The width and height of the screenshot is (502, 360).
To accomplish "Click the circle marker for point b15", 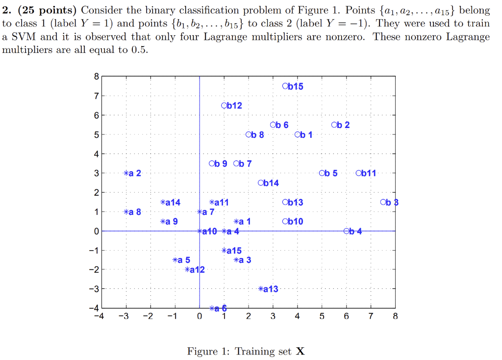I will coord(285,86).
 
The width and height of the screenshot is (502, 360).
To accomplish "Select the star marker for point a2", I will coord(126,173).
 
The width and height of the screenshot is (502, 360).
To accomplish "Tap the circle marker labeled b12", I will coord(224,105).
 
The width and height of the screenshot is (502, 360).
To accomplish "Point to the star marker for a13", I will coord(261,289).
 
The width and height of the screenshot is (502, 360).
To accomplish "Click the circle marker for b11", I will coord(359,173).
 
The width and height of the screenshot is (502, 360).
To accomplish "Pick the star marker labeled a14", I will coord(163,202).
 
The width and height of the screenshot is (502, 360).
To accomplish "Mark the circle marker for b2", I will coord(334,125).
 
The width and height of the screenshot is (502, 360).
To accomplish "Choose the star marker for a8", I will coord(126,212).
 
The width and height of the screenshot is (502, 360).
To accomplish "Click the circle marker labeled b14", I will coord(261,183).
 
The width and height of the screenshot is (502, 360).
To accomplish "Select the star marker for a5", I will coord(176,260).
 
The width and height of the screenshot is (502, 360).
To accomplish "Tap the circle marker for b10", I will coord(285,221).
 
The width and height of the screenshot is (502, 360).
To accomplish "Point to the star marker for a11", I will coord(212,202).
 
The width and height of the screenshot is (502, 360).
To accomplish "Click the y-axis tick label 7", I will coord(97,96).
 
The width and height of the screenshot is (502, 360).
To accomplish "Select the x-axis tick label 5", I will coord(322,316).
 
